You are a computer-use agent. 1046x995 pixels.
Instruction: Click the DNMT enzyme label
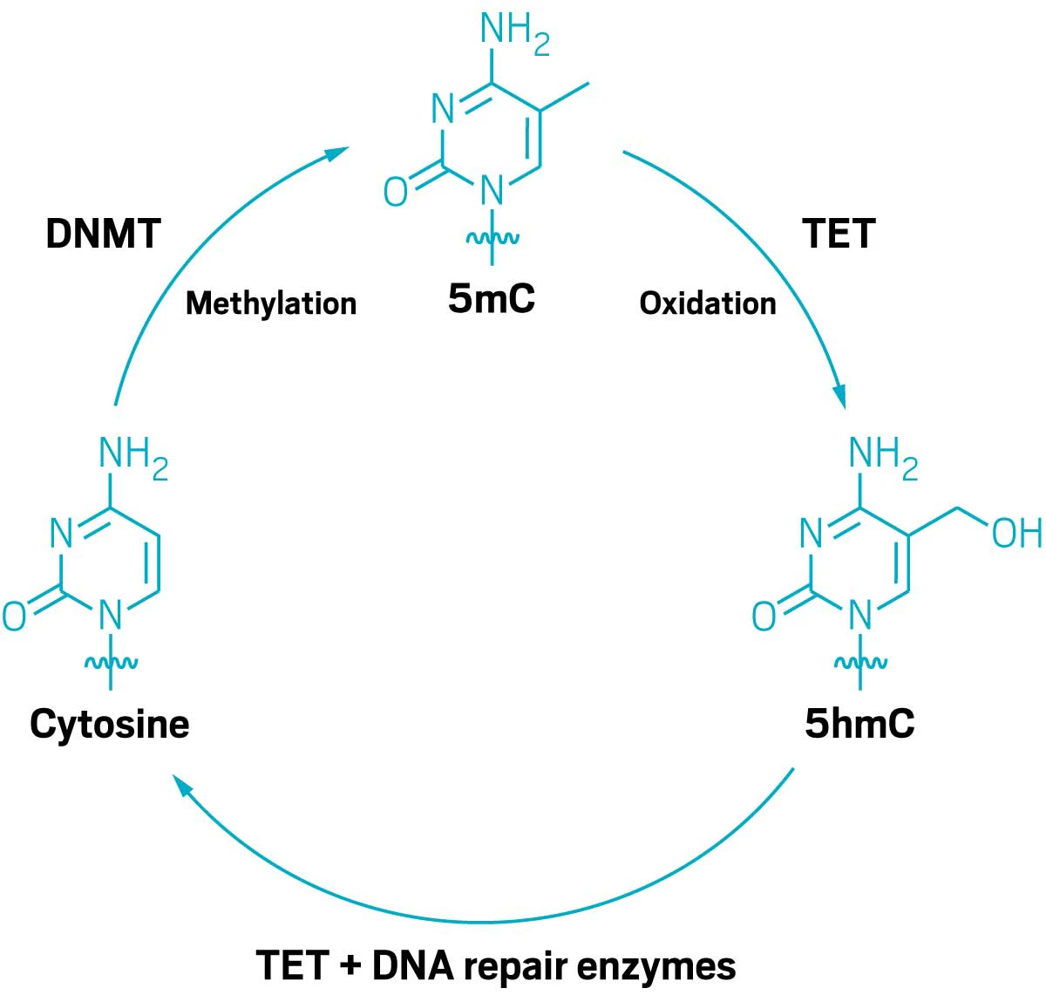click(103, 234)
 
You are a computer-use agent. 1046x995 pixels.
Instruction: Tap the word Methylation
click(271, 304)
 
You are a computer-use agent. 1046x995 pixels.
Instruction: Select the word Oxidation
click(708, 304)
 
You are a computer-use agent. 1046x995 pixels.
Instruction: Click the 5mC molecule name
click(491, 298)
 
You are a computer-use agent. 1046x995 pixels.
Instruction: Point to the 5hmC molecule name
click(859, 724)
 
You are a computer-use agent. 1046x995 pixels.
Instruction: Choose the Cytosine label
click(110, 726)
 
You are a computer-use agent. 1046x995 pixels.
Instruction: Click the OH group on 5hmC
click(1016, 533)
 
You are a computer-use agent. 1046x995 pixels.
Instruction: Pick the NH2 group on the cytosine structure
click(133, 459)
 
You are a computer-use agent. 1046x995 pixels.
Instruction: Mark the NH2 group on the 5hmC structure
click(884, 459)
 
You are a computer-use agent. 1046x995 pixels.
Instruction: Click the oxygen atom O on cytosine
click(14, 617)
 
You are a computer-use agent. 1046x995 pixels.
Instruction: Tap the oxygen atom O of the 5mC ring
click(396, 192)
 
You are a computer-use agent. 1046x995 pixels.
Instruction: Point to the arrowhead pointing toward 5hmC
click(839, 396)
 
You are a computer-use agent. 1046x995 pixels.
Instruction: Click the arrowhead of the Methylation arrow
click(336, 153)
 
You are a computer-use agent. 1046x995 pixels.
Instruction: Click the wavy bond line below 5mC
click(492, 238)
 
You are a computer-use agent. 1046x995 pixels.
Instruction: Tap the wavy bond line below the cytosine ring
click(111, 663)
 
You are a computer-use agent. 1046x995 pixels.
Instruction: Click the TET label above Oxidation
click(839, 234)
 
